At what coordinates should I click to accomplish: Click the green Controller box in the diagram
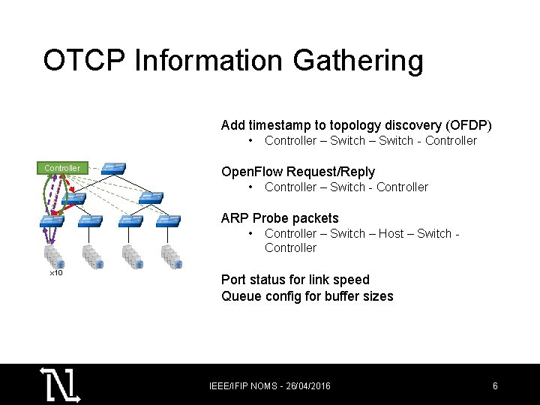[62, 168]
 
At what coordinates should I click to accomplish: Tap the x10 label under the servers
[55, 272]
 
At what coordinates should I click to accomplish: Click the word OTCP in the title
[85, 61]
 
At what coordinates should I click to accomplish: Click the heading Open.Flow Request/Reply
[298, 172]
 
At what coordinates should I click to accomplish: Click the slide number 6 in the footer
[495, 386]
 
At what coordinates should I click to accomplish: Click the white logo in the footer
[60, 385]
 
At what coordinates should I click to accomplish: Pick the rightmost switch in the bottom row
[167, 221]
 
